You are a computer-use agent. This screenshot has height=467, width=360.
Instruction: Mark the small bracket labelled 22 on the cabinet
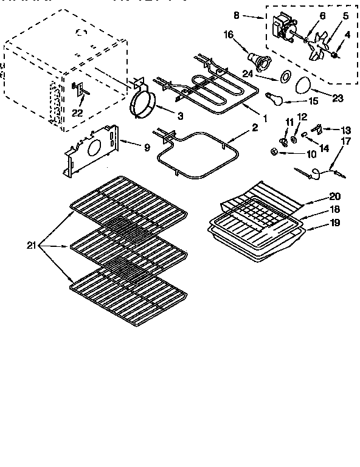(x=80, y=89)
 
